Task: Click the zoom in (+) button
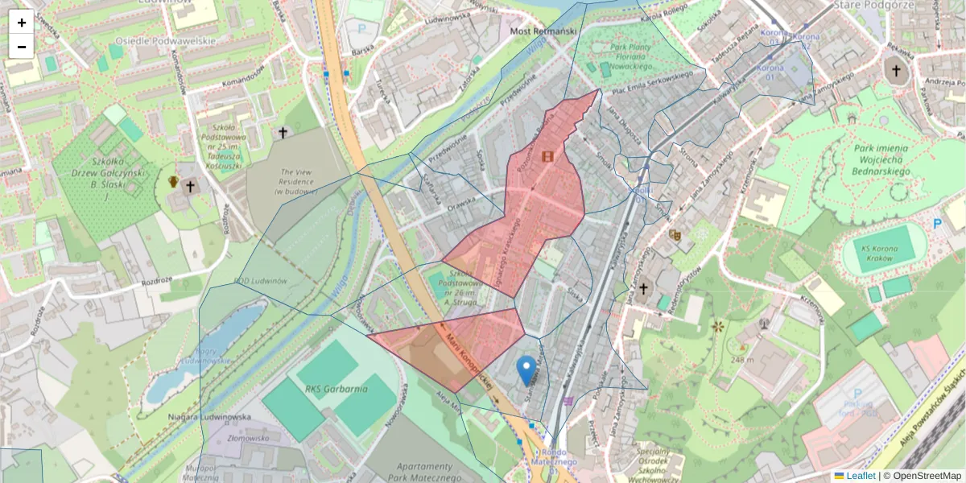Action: click(22, 23)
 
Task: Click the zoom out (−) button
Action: click(22, 47)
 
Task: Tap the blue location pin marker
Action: click(526, 370)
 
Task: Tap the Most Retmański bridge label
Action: click(545, 31)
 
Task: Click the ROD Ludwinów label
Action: click(260, 281)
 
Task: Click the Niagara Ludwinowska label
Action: click(210, 417)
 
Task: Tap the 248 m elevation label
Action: click(743, 359)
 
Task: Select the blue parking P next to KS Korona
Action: click(937, 225)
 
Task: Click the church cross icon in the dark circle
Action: click(894, 71)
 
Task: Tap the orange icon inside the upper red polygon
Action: click(548, 156)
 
